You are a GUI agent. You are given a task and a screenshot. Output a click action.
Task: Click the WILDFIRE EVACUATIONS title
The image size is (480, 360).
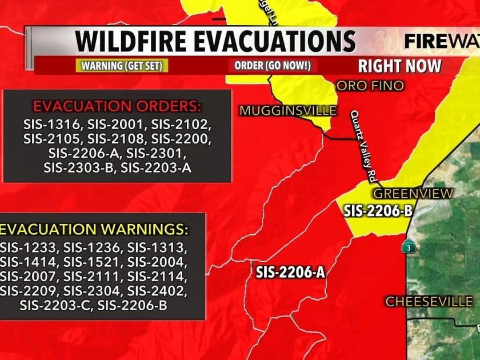pyautogui.click(x=215, y=41)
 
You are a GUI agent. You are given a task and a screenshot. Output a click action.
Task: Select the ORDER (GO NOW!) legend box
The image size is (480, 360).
pyautogui.click(x=272, y=66)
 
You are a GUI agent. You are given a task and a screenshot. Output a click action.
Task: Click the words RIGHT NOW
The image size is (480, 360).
pyautogui.click(x=399, y=66)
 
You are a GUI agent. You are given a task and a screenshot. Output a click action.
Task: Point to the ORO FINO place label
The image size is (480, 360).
pyautogui.click(x=370, y=86)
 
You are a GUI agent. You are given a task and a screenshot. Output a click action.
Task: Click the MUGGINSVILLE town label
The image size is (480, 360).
pyautogui.click(x=288, y=111)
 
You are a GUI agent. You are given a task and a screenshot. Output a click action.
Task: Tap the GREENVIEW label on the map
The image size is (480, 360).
pyautogui.click(x=413, y=194)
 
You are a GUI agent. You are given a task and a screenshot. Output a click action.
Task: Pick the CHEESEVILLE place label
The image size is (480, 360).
pyautogui.click(x=429, y=301)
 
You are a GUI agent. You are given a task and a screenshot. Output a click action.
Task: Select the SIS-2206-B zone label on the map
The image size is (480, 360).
pyautogui.click(x=378, y=211)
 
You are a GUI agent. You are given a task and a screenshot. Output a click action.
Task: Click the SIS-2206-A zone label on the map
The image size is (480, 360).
pyautogui.click(x=290, y=273)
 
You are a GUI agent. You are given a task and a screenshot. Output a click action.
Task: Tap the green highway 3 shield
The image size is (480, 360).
pyautogui.click(x=408, y=247)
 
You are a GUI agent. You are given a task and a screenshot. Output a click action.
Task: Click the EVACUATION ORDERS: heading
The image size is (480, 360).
pyautogui.click(x=117, y=106)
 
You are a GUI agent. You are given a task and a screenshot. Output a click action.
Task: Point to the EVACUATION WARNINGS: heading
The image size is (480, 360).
pyautogui.click(x=94, y=230)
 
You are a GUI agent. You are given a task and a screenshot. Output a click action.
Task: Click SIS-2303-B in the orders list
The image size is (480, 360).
pyautogui.click(x=79, y=167)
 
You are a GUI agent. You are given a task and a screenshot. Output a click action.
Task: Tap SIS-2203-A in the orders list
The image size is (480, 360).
pyautogui.click(x=157, y=167)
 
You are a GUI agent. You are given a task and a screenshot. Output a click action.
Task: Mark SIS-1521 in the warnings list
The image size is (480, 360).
pyautogui.click(x=93, y=262)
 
